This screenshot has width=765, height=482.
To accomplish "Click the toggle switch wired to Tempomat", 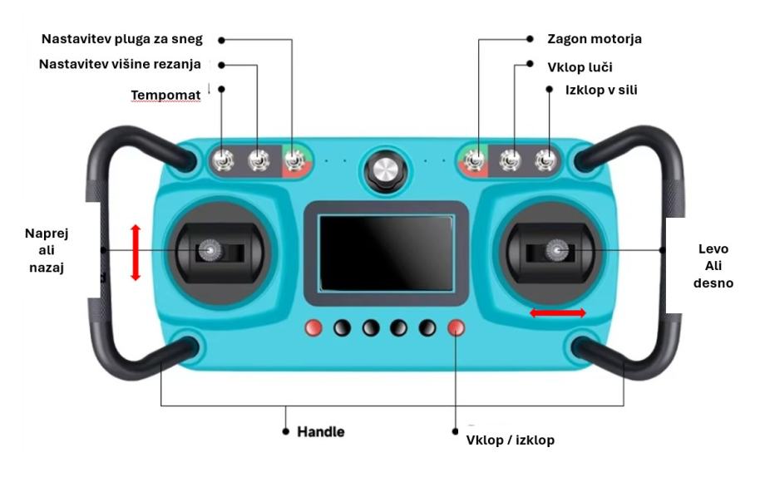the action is tap(223, 160).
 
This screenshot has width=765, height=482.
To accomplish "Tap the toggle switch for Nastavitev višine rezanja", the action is tap(259, 160).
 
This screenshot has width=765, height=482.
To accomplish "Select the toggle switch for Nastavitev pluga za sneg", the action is tap(294, 160).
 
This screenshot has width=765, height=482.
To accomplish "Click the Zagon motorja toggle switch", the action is tap(475, 160).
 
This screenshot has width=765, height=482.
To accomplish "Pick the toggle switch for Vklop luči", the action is tap(511, 160).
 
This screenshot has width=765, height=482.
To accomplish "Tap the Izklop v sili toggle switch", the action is tap(545, 160).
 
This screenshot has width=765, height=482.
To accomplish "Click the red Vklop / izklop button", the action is tap(457, 328).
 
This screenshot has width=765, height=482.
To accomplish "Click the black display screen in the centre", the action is tap(386, 253).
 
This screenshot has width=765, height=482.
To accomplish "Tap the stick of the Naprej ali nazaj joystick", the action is tap(210, 250).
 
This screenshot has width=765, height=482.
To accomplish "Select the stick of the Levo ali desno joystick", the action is tap(556, 250).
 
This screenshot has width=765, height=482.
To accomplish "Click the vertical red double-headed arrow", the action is tap(136, 253).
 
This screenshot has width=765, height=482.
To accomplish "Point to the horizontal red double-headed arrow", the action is tap(558, 313).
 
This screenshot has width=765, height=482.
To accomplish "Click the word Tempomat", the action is tap(165, 95).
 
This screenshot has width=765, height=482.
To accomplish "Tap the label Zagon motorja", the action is tap(595, 39).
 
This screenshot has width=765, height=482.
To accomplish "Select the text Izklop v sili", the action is tap(601, 90).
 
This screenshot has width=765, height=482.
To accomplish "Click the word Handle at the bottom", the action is tap(320, 432).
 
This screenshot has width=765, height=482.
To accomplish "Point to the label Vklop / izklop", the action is tap(511, 440).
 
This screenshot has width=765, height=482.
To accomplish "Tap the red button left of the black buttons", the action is tap(313, 328).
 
